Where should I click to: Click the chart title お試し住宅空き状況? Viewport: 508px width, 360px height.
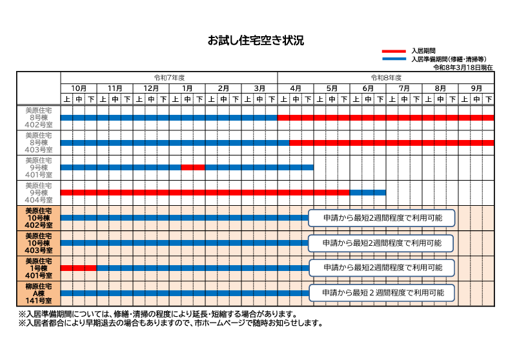click(x=255, y=41)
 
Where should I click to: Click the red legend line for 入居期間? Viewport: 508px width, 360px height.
click(x=394, y=51)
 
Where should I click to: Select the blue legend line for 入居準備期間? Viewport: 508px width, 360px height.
click(x=394, y=59)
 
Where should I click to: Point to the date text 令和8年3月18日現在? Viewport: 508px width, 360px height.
click(x=463, y=67)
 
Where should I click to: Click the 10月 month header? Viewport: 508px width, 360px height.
click(x=79, y=88)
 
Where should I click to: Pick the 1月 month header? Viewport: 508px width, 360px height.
click(x=187, y=88)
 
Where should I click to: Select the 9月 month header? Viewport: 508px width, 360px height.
click(x=476, y=88)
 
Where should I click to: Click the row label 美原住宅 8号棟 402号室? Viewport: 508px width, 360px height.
click(x=38, y=117)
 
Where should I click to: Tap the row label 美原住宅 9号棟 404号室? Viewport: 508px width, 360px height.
click(x=38, y=192)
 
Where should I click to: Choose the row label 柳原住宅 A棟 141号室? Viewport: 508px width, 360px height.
click(x=38, y=293)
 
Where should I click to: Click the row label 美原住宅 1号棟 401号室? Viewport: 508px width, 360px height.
click(x=38, y=268)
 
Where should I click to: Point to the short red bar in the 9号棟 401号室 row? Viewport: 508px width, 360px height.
click(x=193, y=167)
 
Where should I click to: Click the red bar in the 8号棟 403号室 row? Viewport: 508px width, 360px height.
click(x=391, y=143)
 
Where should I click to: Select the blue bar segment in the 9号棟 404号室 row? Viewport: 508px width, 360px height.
click(x=368, y=192)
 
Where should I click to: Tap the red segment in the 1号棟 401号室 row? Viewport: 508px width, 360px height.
click(x=79, y=268)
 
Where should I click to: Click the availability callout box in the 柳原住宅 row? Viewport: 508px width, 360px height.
click(x=383, y=293)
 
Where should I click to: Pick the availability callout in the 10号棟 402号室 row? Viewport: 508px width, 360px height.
click(x=383, y=218)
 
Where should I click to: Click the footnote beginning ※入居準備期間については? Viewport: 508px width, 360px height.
click(x=158, y=314)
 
